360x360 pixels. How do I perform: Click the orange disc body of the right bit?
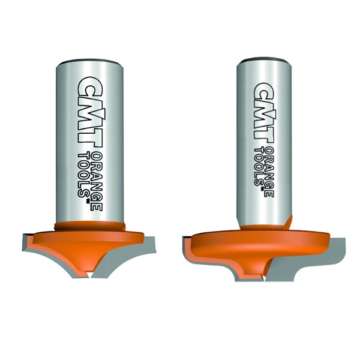tap(258, 240)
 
